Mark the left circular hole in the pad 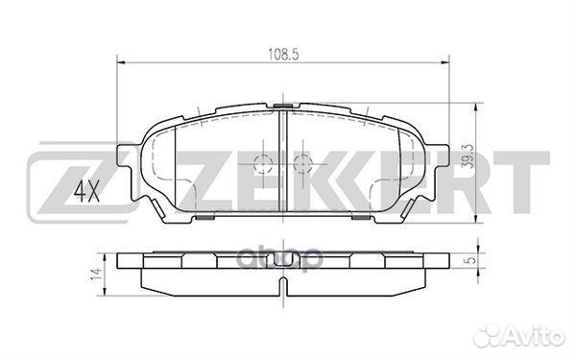pyautogui.click(x=262, y=161)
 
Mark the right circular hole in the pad pyautogui.click(x=301, y=161)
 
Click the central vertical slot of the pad pyautogui.click(x=282, y=158)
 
